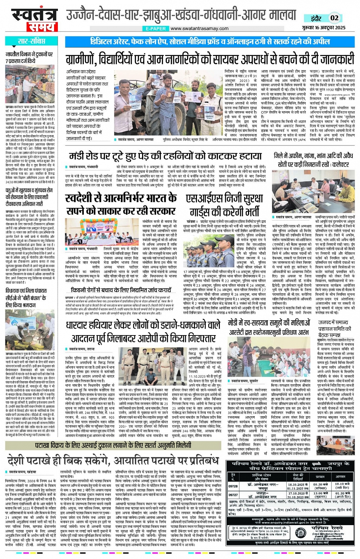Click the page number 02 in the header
334,18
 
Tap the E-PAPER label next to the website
156,29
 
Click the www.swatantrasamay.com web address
199,29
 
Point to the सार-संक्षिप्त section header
31,41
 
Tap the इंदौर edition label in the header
316,18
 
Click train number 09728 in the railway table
233,486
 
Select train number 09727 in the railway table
233,495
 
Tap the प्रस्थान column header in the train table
320,476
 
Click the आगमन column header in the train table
341,476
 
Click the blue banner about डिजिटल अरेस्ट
210,42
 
